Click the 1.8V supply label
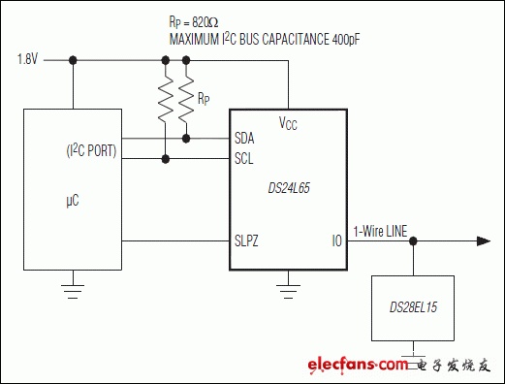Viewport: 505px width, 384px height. point(27,59)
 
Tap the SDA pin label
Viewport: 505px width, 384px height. point(244,139)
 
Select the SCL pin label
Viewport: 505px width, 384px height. point(244,159)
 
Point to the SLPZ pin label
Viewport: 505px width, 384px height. point(246,241)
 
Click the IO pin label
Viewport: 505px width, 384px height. point(337,241)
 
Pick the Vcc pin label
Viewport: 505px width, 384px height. point(288,123)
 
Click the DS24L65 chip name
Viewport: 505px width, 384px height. point(289,188)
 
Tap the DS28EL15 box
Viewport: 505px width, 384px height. point(413,308)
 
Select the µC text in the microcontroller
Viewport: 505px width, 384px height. point(73,201)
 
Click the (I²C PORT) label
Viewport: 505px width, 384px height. point(91,151)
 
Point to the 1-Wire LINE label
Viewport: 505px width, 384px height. point(380,232)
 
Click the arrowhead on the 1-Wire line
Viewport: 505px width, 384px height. point(484,241)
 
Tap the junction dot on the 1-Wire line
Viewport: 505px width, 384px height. point(413,241)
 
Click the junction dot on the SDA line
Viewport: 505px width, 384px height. point(186,139)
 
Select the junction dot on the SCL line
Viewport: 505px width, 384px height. point(166,159)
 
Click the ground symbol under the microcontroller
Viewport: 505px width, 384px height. point(73,291)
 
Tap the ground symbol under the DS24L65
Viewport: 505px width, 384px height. point(288,291)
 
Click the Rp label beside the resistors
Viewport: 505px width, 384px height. point(204,99)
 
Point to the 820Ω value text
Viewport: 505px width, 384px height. point(205,22)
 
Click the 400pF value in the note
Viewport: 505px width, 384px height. point(346,40)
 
